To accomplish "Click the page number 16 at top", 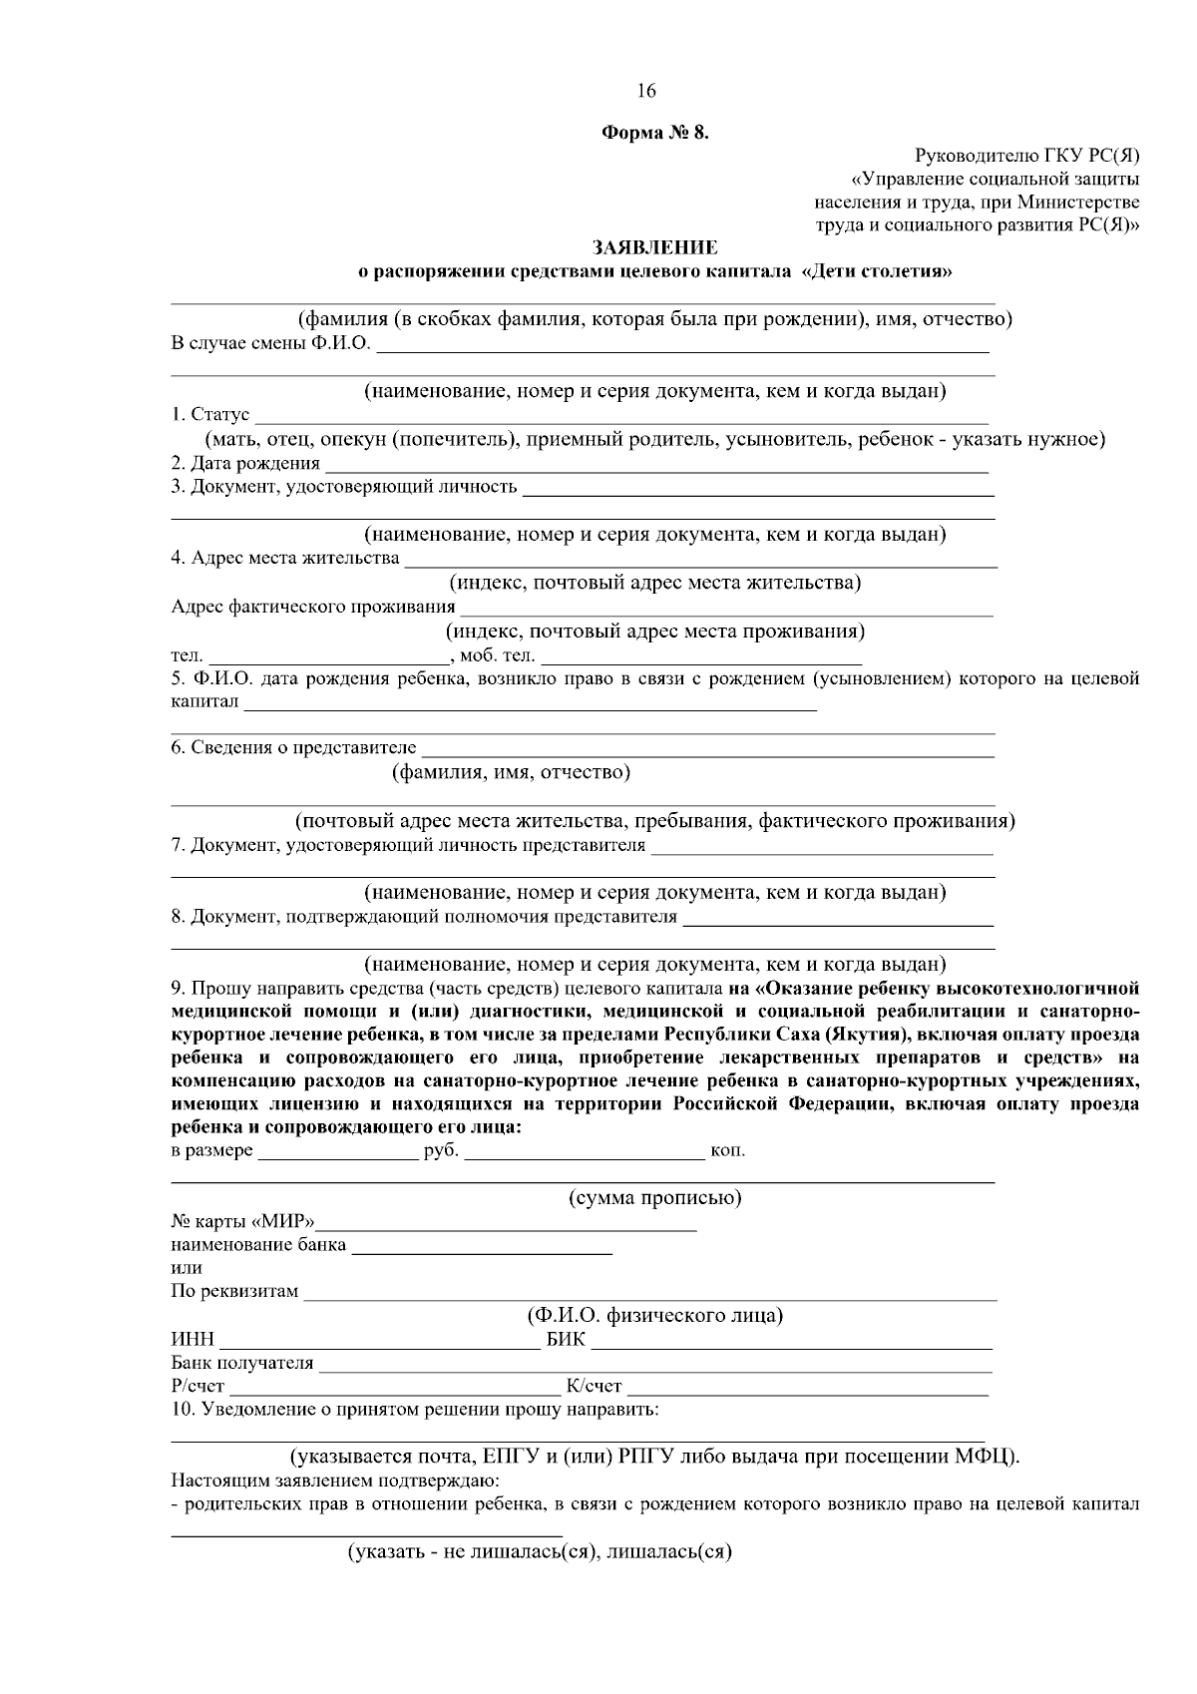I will (645, 91).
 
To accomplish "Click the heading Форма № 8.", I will (654, 134).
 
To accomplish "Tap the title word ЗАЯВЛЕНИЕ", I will (654, 247).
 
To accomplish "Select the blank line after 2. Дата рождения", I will (656, 464).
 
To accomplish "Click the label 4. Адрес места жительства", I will (285, 558).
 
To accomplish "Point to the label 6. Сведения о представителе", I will (293, 748).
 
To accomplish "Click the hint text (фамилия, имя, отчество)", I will (510, 772).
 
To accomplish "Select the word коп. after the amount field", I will (727, 1151).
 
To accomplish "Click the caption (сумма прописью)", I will (654, 1198).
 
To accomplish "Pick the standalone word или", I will (187, 1268).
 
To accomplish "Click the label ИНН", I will (193, 1340).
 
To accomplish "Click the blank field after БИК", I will (791, 1340).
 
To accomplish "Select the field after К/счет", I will (807, 1387).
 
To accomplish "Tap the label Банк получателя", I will (242, 1363).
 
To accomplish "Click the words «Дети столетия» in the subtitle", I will (876, 271).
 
